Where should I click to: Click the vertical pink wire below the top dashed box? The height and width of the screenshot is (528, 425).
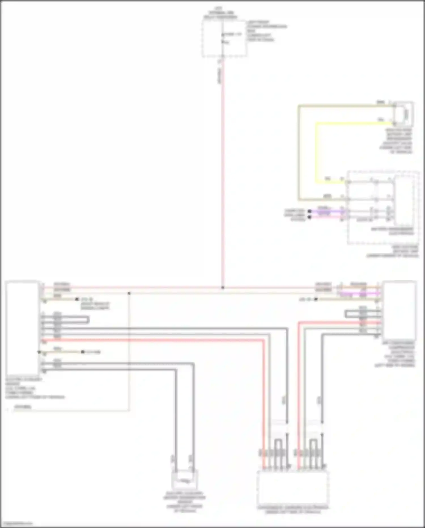[223, 170]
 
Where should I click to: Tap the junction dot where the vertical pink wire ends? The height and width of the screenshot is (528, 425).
[223, 288]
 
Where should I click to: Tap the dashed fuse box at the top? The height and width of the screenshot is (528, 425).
[224, 38]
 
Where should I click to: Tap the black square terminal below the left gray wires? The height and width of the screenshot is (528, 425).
[83, 352]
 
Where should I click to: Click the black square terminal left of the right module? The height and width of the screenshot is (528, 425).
[316, 299]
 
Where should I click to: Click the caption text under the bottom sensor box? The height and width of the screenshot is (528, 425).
[184, 504]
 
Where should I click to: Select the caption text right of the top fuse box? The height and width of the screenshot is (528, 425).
[266, 31]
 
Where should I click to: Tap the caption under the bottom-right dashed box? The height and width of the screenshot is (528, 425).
[293, 510]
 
